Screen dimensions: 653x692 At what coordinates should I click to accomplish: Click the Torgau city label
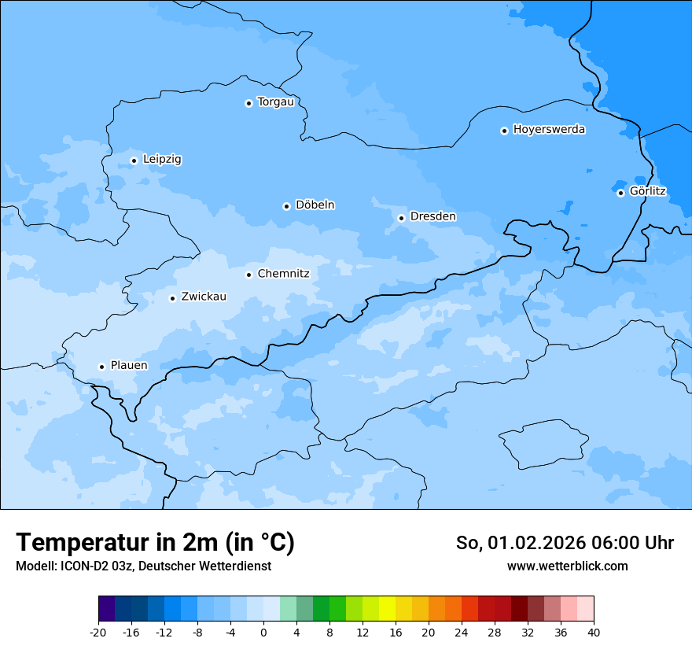[x=275, y=102]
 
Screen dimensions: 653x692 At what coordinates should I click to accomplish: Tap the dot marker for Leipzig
[x=134, y=160]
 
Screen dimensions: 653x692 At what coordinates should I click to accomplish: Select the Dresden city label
[x=432, y=216]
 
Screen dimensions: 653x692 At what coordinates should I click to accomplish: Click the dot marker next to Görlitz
[x=620, y=193]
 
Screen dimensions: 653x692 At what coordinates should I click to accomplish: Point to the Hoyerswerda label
[x=549, y=130]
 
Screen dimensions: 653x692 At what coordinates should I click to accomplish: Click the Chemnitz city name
[x=283, y=275]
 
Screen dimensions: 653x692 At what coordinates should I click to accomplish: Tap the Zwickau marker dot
[x=172, y=298]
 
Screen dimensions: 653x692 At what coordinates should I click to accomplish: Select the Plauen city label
[x=128, y=366]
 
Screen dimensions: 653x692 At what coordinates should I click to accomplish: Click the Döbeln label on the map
[x=315, y=205]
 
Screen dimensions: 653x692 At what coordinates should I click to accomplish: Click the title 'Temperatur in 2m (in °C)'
[x=155, y=542]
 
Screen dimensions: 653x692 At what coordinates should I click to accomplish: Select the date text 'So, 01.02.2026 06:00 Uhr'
[x=565, y=543]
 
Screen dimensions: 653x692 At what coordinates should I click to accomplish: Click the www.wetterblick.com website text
[x=567, y=566]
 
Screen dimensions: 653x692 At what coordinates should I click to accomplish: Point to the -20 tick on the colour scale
[x=98, y=632]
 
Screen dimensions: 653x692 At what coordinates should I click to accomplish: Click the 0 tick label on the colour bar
[x=263, y=632]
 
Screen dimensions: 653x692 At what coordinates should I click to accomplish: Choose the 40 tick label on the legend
[x=594, y=632]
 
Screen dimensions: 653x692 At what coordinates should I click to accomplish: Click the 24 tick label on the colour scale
[x=462, y=632]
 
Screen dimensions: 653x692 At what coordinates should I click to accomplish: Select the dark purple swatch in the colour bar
[x=106, y=609]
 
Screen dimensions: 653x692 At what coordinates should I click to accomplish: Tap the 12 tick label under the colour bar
[x=363, y=632]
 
